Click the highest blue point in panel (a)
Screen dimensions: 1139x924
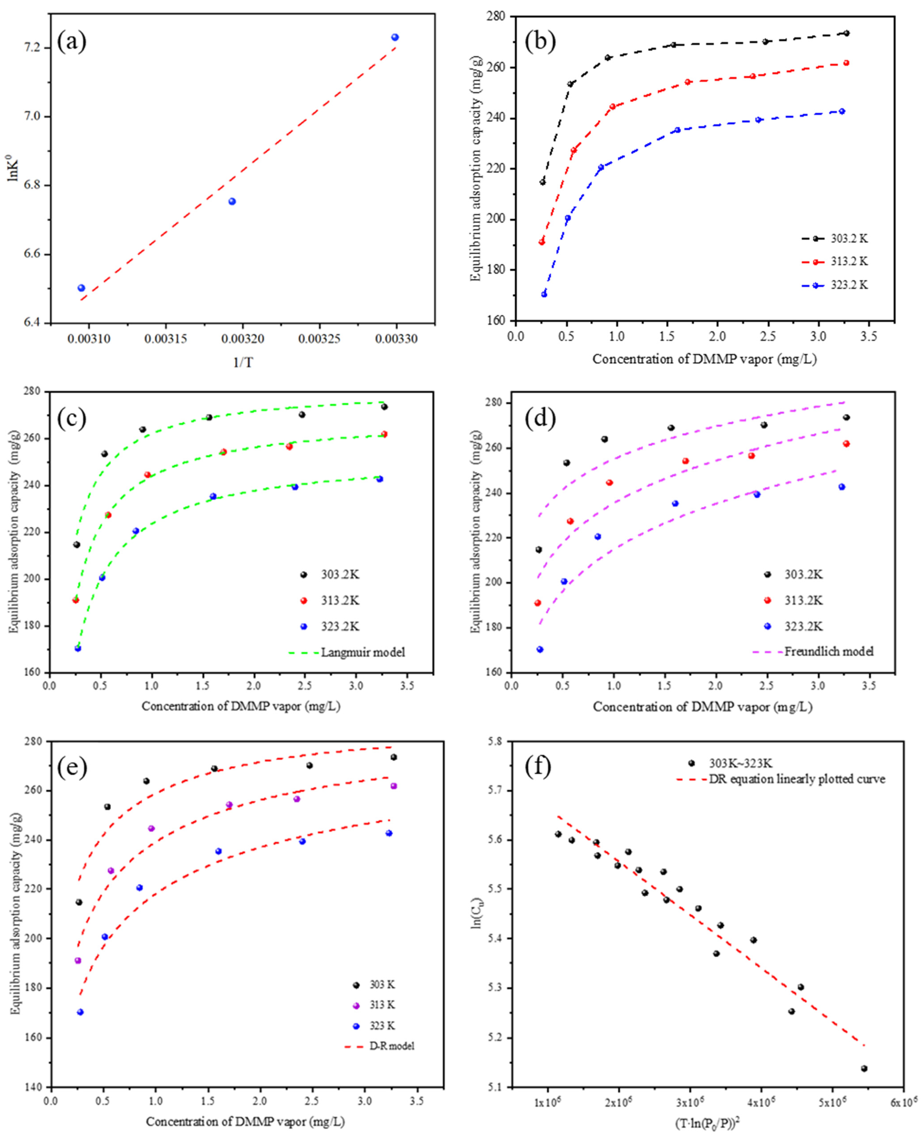(395, 37)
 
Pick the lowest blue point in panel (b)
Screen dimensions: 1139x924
(544, 294)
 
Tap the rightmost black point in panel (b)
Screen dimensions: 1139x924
(846, 33)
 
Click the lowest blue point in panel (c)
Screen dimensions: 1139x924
(78, 648)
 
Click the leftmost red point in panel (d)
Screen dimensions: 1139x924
(538, 603)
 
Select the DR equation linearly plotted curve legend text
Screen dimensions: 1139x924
(797, 779)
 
